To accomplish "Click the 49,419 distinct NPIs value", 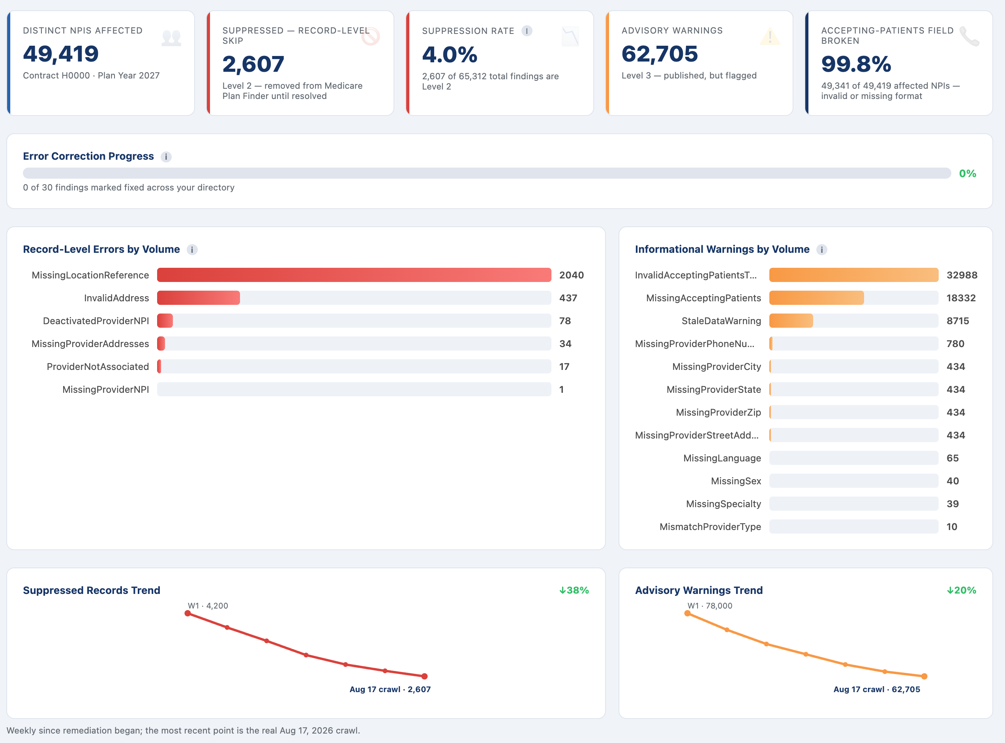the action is coord(61,54).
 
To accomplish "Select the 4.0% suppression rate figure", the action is coord(450,55).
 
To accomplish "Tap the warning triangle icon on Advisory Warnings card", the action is coord(770,36).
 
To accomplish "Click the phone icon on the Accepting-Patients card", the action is coord(969,36).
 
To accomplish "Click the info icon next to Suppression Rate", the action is coord(527,31).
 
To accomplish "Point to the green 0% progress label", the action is coord(967,174).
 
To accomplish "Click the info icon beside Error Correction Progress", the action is coord(166,157).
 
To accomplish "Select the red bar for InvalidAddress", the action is coord(199,298).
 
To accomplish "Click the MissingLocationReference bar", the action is coord(354,275).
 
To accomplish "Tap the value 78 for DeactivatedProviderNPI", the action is coord(565,321).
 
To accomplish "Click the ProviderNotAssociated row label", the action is coord(97,366).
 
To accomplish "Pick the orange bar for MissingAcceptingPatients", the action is coord(816,298).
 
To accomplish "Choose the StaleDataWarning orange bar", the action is coord(791,321).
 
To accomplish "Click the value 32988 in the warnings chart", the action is coord(962,275).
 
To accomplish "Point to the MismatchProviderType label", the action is coord(710,526).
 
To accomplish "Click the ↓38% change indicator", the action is coord(574,590).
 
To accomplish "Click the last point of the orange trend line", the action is coord(924,676).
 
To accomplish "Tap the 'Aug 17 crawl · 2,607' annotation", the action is coord(390,689).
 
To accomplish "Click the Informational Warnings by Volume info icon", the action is coord(822,250).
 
